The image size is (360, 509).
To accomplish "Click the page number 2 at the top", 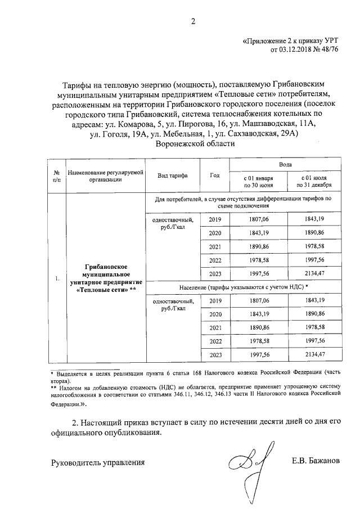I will [x=192, y=22].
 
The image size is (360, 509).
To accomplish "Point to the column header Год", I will [x=214, y=175].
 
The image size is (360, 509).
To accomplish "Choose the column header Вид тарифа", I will [x=173, y=175].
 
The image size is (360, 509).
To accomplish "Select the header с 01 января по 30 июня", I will [x=258, y=181].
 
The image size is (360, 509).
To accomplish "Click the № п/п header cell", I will [x=57, y=175].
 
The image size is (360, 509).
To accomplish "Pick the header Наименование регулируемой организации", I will [x=105, y=175].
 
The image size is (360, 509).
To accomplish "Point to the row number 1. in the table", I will [x=57, y=278].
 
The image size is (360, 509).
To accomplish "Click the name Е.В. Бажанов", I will [x=316, y=462].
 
